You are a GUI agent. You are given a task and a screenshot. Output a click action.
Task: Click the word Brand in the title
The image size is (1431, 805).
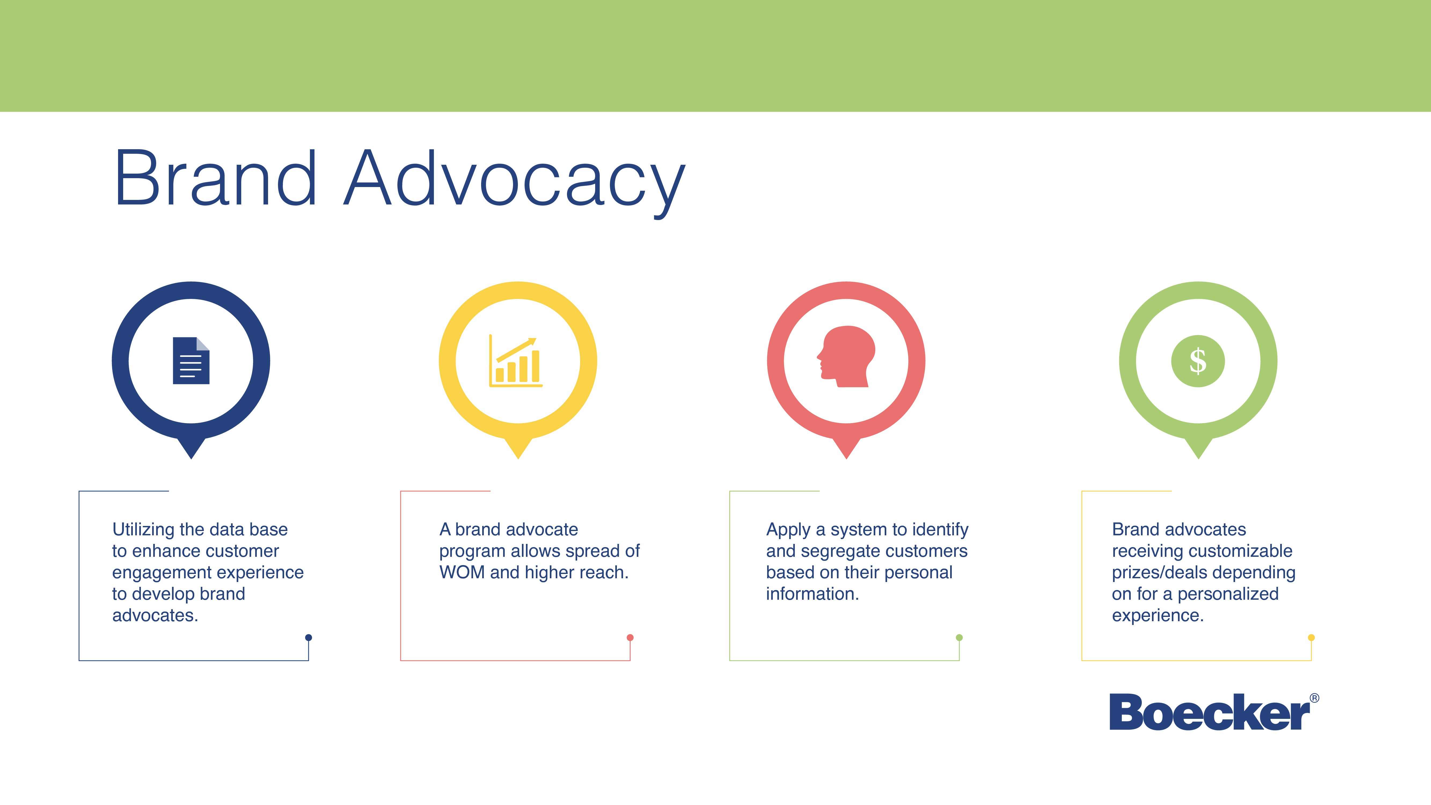215,178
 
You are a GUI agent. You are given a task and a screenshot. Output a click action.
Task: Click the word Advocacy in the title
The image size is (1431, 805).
515,183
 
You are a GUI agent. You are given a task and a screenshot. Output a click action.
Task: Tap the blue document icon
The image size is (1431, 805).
191,361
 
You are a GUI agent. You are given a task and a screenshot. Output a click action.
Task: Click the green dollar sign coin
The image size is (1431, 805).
1198,361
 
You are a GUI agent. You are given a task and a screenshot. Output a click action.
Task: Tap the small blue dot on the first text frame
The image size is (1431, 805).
309,638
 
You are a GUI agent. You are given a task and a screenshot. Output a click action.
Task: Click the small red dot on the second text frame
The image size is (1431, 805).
630,638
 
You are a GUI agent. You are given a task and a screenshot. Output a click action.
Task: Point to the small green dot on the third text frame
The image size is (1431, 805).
959,638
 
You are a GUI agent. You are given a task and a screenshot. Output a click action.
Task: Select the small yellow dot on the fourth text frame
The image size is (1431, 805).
1312,638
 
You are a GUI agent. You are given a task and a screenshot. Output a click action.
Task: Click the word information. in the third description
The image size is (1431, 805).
812,594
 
